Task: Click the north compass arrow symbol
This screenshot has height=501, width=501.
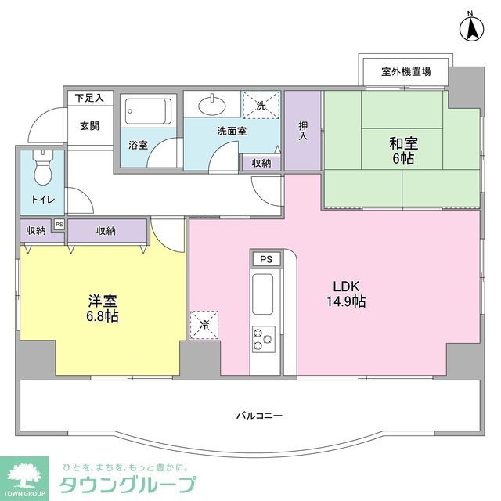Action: (471, 29)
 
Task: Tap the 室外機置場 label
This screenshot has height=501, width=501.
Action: (405, 72)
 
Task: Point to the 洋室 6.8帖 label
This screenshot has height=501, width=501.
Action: (103, 308)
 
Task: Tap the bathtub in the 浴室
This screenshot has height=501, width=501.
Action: (148, 112)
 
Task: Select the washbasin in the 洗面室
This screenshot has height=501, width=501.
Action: (211, 105)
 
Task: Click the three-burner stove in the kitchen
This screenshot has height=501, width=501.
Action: (262, 337)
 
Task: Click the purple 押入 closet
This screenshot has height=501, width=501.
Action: (302, 131)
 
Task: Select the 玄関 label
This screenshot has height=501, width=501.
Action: (88, 125)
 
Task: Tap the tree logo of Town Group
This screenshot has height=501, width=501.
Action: (25, 475)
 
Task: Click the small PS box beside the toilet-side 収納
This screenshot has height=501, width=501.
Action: (58, 225)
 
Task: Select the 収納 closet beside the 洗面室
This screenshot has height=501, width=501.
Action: (261, 163)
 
